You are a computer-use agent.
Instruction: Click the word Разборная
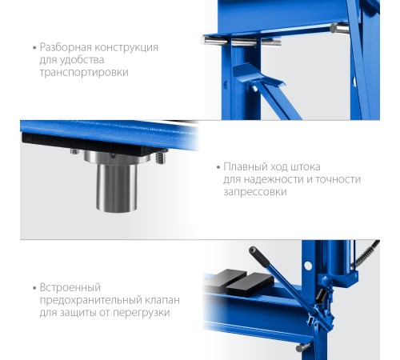click(66, 47)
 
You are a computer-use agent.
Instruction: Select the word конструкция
click(126, 47)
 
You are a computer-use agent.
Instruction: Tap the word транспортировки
click(84, 73)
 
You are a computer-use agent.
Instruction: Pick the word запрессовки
click(255, 192)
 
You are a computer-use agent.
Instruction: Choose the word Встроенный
click(70, 288)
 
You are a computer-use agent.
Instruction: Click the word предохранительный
click(91, 301)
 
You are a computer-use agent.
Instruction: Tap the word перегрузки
click(142, 313)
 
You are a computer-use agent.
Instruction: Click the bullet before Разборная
click(34, 48)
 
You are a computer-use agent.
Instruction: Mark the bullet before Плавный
click(218, 167)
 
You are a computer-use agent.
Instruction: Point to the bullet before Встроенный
click(34, 288)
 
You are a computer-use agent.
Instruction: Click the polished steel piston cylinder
click(117, 187)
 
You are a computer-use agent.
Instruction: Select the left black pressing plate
click(230, 278)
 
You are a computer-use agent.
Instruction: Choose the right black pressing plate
click(250, 285)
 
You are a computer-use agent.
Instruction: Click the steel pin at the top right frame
click(339, 28)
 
